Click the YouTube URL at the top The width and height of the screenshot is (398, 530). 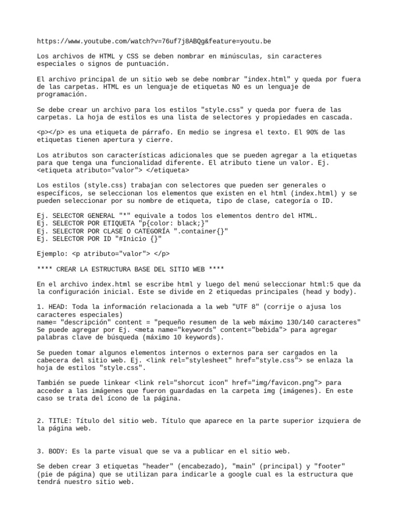tap(154, 41)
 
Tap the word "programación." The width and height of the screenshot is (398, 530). tap(62, 95)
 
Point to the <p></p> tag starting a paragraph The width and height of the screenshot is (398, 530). tap(51, 132)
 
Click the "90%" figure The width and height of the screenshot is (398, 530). tap(304, 132)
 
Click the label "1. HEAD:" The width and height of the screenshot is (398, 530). tap(53, 306)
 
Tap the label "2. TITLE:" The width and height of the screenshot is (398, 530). tap(55, 421)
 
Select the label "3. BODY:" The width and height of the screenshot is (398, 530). tap(53, 451)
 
